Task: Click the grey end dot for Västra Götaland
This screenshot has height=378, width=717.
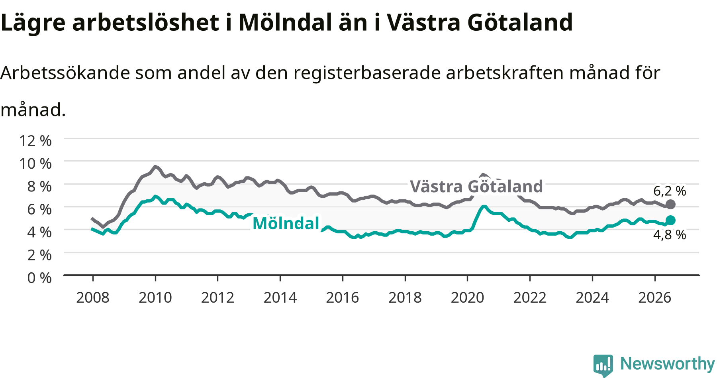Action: (x=670, y=205)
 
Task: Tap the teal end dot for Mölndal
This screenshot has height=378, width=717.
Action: (x=670, y=220)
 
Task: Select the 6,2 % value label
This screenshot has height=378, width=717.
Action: (x=670, y=191)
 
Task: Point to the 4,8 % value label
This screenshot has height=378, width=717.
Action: (x=670, y=234)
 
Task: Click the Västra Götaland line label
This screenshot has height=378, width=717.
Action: (x=476, y=186)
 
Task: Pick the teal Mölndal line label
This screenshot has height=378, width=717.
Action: (x=286, y=223)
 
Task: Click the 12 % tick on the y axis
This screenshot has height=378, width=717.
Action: (x=35, y=140)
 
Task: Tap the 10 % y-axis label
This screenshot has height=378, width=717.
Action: (x=35, y=163)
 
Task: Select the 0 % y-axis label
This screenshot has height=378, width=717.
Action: (x=39, y=278)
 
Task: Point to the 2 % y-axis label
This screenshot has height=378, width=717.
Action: (x=39, y=255)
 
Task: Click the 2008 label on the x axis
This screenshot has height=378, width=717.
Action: (x=93, y=297)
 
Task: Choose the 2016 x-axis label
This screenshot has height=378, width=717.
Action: (x=343, y=297)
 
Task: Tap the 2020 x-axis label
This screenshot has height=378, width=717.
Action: (x=468, y=297)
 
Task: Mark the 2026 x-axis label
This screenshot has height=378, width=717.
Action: (x=655, y=297)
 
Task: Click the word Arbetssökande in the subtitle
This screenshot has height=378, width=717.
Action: (x=65, y=73)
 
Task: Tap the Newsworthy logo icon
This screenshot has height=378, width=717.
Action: (x=603, y=365)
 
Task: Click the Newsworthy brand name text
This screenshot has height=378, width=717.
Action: (x=668, y=364)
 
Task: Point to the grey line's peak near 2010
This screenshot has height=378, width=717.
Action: (x=155, y=166)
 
